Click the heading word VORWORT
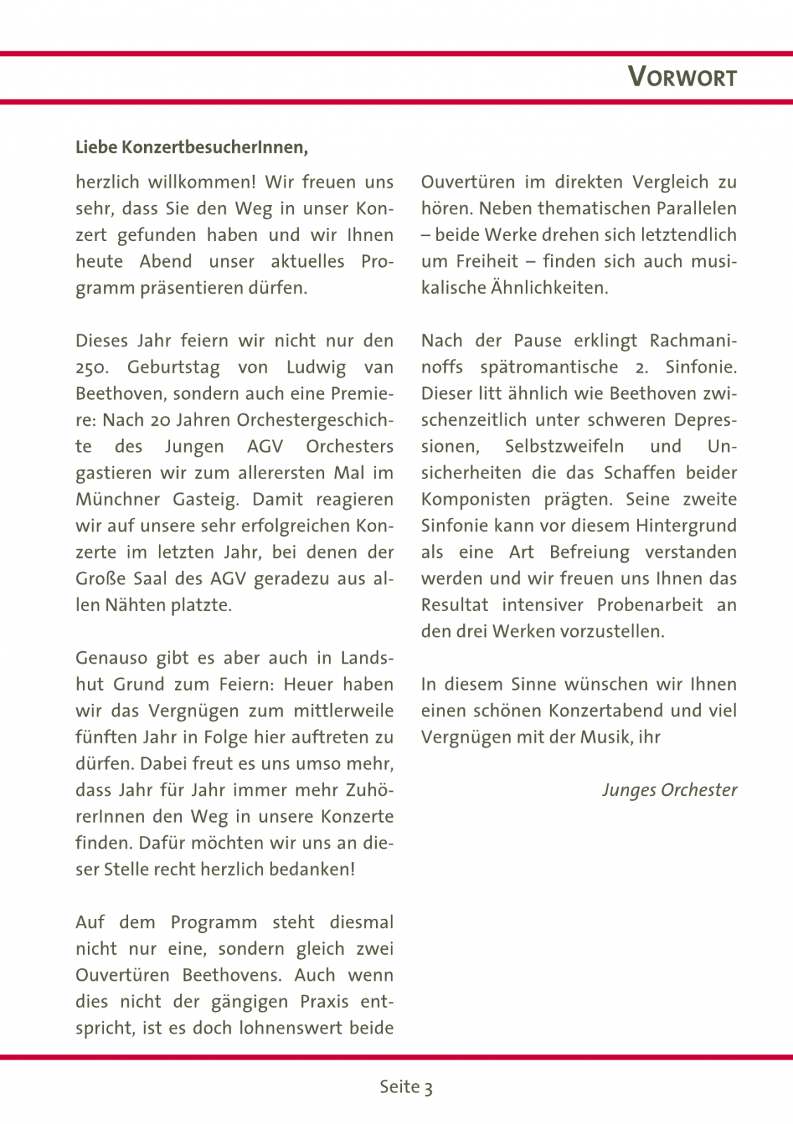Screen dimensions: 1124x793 pyautogui.click(x=682, y=77)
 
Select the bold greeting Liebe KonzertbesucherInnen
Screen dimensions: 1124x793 pyautogui.click(x=191, y=148)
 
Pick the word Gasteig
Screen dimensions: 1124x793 pyautogui.click(x=207, y=499)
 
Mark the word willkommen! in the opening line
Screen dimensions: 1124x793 pyautogui.click(x=202, y=182)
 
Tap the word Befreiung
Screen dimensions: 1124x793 pyautogui.click(x=589, y=552)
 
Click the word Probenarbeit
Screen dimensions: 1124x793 pyautogui.click(x=650, y=605)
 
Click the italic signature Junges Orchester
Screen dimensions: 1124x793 pyautogui.click(x=669, y=790)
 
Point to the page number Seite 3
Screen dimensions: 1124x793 pyautogui.click(x=406, y=1087)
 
